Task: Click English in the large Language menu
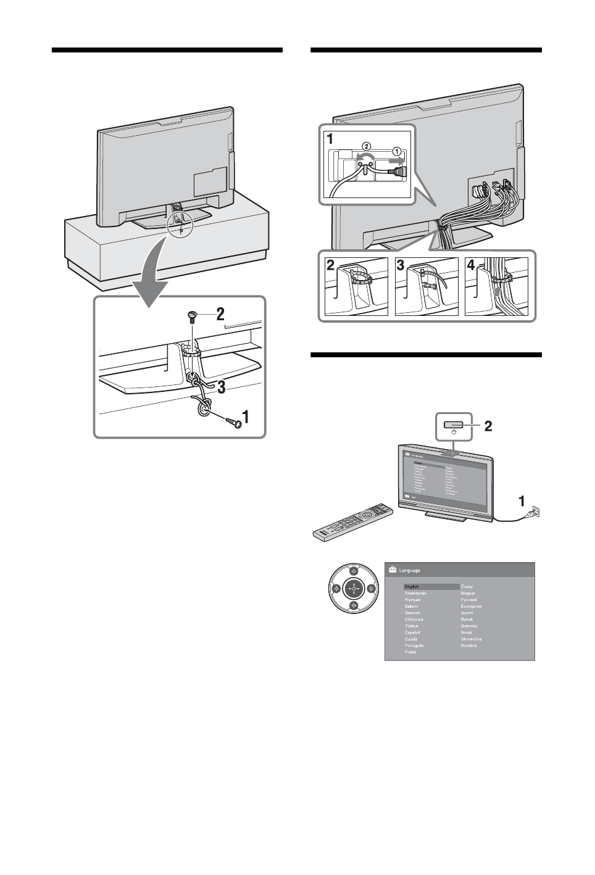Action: tap(412, 587)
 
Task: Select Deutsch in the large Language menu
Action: tap(412, 613)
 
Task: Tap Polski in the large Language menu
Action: tap(410, 652)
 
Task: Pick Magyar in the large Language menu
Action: tap(468, 593)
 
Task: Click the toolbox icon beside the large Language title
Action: tap(392, 571)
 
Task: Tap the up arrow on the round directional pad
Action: tap(354, 571)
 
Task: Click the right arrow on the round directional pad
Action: tap(371, 589)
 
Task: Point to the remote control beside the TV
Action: tap(352, 522)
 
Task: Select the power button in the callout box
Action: tap(454, 424)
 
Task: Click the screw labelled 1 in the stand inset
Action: tap(233, 422)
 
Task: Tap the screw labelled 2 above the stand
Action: tap(192, 317)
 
